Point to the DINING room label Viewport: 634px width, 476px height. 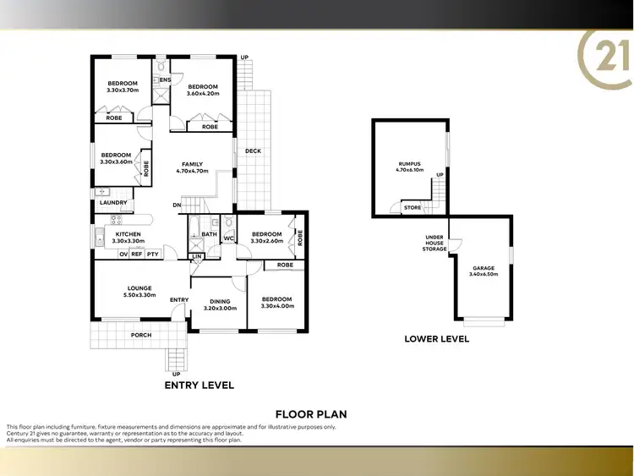pyautogui.click(x=220, y=301)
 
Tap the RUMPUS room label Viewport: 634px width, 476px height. pyautogui.click(x=410, y=163)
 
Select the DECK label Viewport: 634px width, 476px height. pyautogui.click(x=253, y=151)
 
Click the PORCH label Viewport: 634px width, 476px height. pyautogui.click(x=140, y=336)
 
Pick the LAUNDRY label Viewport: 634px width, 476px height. pyautogui.click(x=112, y=203)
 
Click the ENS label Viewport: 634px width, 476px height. pyautogui.click(x=166, y=80)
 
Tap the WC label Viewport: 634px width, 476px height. pyautogui.click(x=228, y=238)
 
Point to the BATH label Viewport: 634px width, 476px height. pyautogui.click(x=209, y=234)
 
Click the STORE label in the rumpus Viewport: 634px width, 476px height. pyautogui.click(x=412, y=207)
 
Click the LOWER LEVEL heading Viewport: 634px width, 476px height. pyautogui.click(x=436, y=340)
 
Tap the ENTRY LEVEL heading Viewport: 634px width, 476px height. pyautogui.click(x=198, y=385)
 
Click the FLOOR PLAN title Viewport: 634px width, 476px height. pyautogui.click(x=311, y=414)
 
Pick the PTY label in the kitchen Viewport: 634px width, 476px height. pyautogui.click(x=152, y=254)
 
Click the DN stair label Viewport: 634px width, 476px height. pyautogui.click(x=177, y=205)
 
